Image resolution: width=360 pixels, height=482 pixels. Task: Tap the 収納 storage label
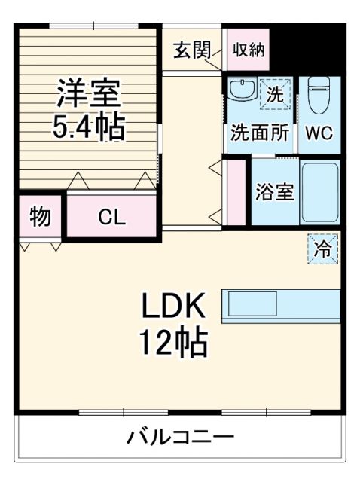247,50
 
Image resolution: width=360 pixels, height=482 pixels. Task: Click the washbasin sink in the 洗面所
241,91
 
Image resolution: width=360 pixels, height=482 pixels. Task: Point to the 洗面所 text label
260,133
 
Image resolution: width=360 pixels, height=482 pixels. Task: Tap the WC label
320,133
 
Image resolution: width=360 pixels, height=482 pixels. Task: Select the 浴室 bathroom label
274,191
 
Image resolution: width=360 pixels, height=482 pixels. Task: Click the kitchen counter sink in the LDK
253,305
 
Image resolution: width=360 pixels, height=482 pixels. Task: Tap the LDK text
172,307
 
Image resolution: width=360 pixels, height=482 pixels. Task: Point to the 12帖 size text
172,343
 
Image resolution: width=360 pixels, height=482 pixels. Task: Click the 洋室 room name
87,94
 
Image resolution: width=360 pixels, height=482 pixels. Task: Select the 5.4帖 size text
87,128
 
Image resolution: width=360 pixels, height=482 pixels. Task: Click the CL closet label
111,217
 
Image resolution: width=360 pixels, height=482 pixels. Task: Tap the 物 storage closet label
40,217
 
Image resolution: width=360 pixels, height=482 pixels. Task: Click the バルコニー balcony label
179,437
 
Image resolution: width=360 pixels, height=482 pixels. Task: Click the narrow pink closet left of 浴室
236,191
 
